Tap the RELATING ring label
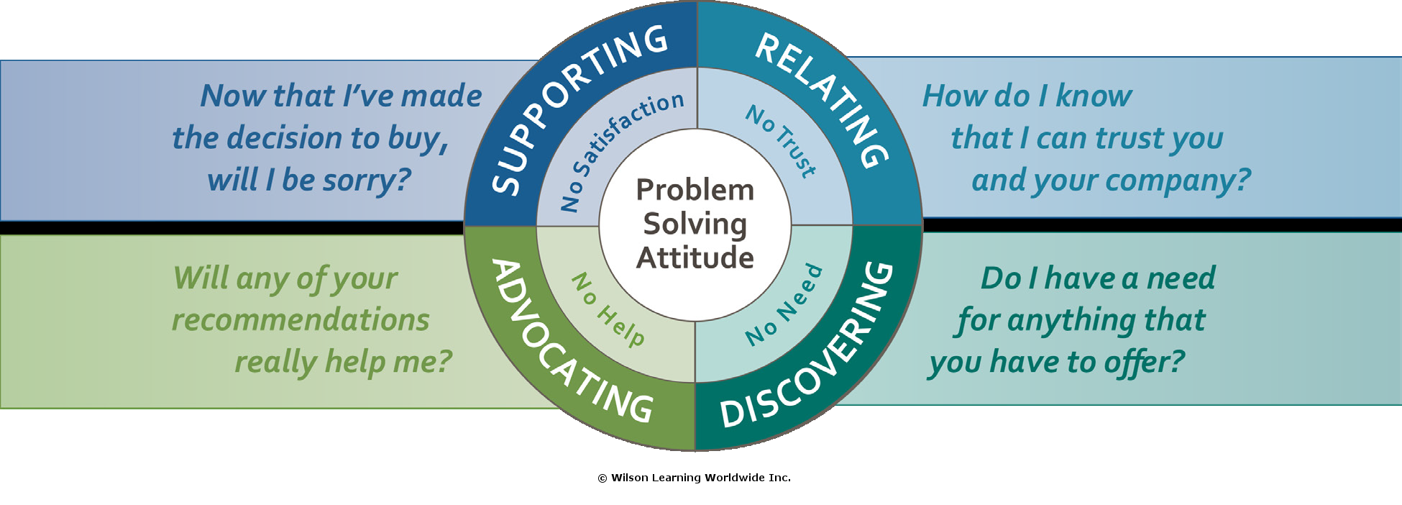point(827,94)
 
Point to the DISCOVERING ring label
point(820,352)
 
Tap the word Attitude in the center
point(695,258)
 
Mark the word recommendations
point(301,319)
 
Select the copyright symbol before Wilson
point(603,478)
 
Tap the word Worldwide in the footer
point(734,478)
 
